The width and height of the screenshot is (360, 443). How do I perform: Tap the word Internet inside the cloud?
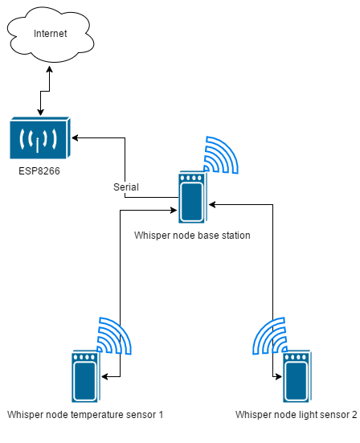click(x=51, y=34)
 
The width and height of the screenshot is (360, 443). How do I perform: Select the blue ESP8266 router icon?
click(x=40, y=137)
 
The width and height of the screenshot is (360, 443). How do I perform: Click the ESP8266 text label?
click(x=39, y=171)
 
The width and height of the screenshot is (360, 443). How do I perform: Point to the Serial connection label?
click(x=126, y=187)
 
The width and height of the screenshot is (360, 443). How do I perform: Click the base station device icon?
click(x=193, y=197)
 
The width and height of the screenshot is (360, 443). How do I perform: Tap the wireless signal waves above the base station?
click(x=221, y=155)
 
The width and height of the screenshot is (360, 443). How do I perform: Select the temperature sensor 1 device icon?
click(x=86, y=376)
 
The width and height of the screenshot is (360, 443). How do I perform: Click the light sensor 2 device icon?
click(x=297, y=376)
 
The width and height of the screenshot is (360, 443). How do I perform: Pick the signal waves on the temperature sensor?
click(x=114, y=335)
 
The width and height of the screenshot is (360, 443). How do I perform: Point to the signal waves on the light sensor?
click(x=270, y=335)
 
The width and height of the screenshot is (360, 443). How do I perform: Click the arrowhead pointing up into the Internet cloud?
click(x=49, y=69)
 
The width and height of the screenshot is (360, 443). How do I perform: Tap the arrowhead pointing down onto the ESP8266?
click(x=40, y=113)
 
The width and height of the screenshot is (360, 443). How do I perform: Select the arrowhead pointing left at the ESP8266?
click(x=75, y=137)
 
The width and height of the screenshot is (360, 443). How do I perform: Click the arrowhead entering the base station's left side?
click(x=174, y=210)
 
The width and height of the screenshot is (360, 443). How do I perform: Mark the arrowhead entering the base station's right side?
click(x=212, y=204)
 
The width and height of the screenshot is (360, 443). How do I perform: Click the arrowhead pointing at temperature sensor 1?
click(x=104, y=376)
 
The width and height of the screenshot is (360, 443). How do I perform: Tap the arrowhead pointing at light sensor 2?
click(x=278, y=376)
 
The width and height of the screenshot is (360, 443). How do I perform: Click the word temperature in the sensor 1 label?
click(x=97, y=415)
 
